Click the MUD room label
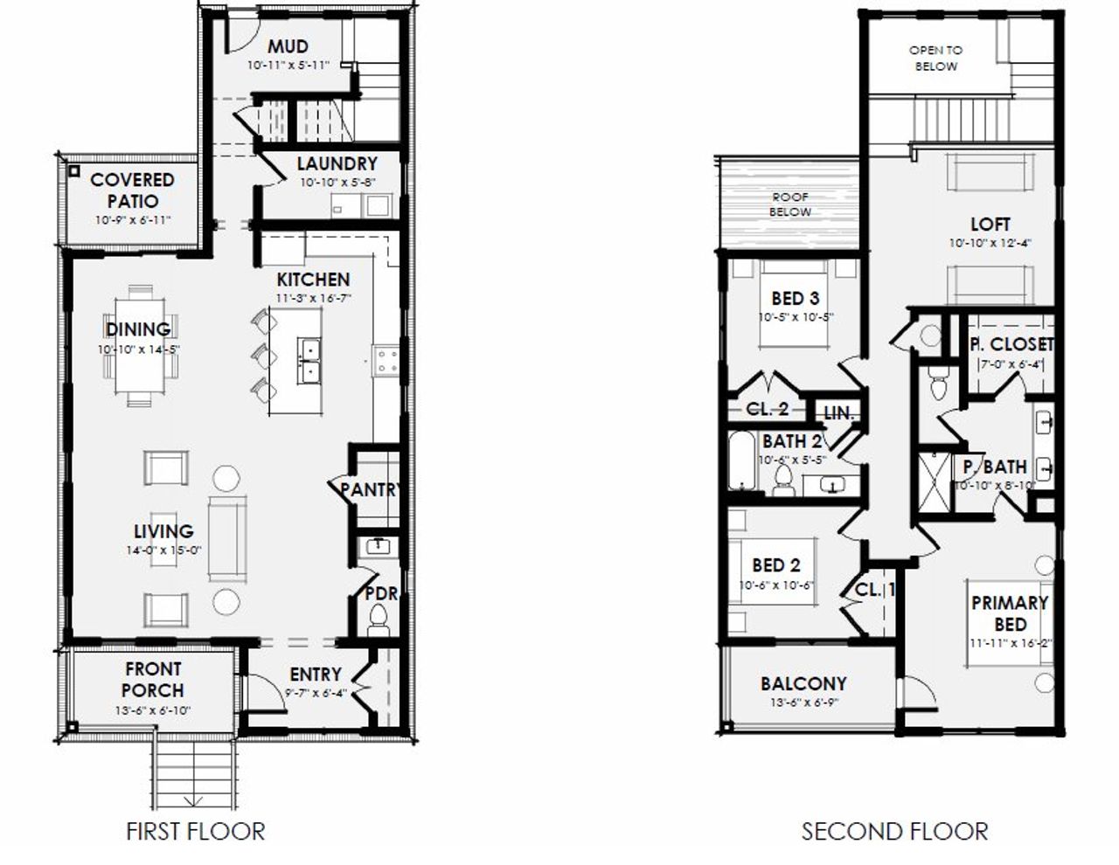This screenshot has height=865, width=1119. click(288, 47)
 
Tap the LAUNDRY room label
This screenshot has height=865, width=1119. click(337, 164)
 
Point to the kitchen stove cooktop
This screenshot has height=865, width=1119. click(386, 360)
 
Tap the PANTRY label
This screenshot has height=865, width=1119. click(369, 490)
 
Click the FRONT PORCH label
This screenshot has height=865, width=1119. click(153, 680)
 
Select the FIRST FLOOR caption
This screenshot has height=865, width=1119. click(195, 831)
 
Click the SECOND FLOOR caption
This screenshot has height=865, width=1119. click(894, 831)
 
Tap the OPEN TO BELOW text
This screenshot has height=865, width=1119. click(935, 59)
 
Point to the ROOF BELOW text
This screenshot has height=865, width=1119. click(789, 205)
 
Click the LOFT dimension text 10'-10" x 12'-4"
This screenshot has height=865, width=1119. click(990, 244)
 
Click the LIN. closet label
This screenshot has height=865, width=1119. click(838, 413)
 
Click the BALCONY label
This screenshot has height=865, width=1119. click(803, 683)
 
